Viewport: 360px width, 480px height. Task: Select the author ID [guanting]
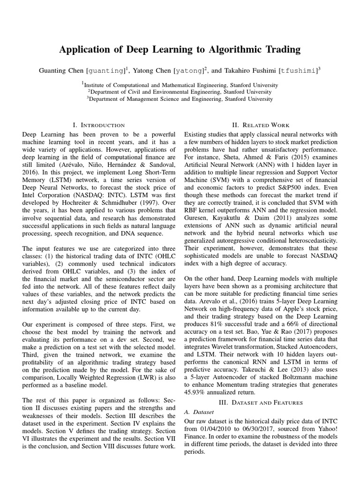click(106, 71)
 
